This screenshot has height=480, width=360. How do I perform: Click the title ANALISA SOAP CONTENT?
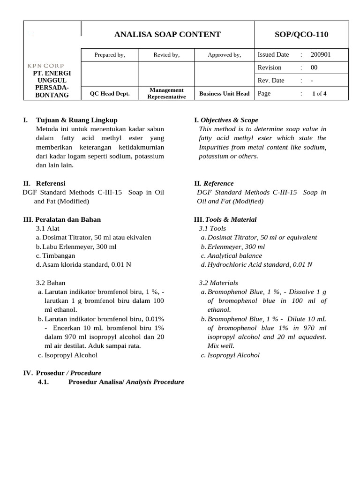pyautogui.click(x=167, y=34)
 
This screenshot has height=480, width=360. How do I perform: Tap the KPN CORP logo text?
pyautogui.click(x=45, y=66)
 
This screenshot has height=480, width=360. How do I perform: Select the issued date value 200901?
pyautogui.click(x=321, y=54)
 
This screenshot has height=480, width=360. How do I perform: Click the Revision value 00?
pyautogui.click(x=314, y=67)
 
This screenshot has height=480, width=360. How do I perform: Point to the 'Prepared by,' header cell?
pyautogui.click(x=110, y=55)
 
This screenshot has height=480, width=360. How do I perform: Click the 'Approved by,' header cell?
pyautogui.click(x=224, y=55)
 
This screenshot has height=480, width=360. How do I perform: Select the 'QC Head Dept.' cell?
pyautogui.click(x=110, y=93)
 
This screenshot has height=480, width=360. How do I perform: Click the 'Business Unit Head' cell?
pyautogui.click(x=224, y=93)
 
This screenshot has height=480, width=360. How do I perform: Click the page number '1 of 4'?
pyautogui.click(x=319, y=93)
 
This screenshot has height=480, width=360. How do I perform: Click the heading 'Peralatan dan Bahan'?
pyautogui.click(x=68, y=219)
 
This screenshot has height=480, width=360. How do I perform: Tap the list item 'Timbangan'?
pyautogui.click(x=59, y=255)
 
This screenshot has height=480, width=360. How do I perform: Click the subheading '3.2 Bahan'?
pyautogui.click(x=51, y=283)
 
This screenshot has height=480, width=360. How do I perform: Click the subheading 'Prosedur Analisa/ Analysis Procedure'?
pyautogui.click(x=126, y=382)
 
